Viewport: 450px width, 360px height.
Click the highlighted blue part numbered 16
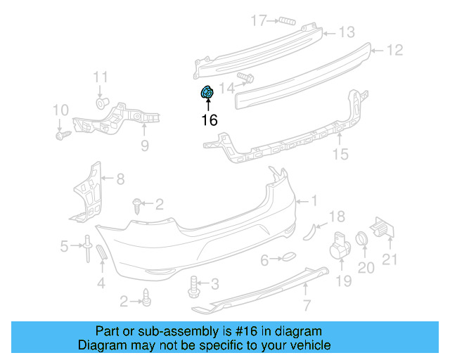pos(207,92)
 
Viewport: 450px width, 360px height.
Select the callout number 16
pos(209,120)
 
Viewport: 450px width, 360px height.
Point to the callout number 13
pos(347,32)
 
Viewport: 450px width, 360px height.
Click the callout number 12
pos(394,50)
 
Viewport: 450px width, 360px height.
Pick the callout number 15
pos(340,155)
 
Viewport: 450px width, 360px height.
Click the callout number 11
pos(101,77)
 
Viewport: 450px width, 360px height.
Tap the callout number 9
pos(145,146)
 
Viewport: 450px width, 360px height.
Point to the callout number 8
pos(120,179)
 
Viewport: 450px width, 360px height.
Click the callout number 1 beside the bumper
pos(314,201)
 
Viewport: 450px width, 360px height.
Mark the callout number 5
pos(64,246)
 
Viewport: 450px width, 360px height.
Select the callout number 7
pos(307,304)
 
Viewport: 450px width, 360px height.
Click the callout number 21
pos(390,259)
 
